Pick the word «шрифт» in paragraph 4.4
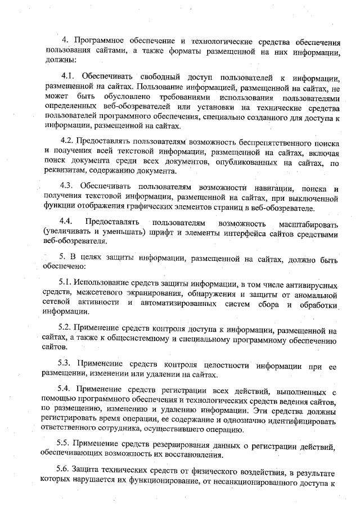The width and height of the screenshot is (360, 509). [x=168, y=233]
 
